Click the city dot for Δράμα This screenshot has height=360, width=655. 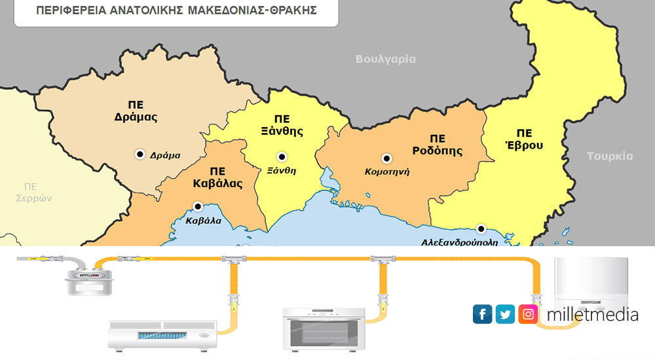point(140,154)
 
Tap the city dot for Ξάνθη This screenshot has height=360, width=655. point(282,156)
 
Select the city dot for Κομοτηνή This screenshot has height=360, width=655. point(386,158)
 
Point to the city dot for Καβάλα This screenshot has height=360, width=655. point(197,206)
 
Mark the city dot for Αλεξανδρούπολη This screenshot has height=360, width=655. point(481,228)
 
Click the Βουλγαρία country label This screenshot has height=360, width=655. point(385,59)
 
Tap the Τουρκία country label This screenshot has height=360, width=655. point(609,156)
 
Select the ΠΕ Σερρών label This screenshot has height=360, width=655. point(33,192)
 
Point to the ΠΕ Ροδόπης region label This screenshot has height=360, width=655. point(437,145)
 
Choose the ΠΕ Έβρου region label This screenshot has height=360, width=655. point(524,137)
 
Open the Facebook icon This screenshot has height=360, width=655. point(482,314)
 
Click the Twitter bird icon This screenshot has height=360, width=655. point(505,314)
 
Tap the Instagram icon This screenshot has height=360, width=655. point(528,314)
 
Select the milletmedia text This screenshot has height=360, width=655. point(592,315)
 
